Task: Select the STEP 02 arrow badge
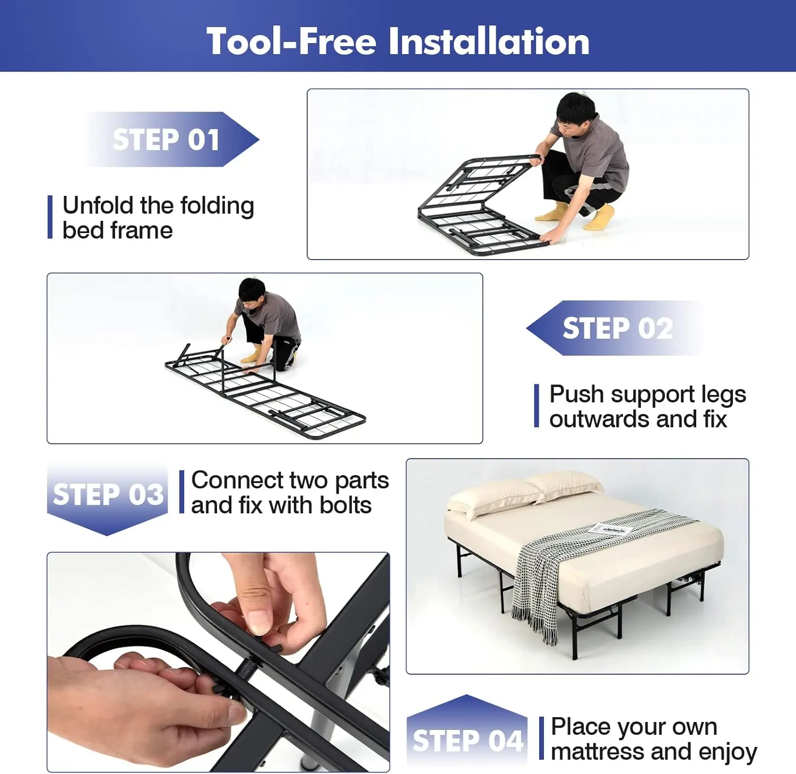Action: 616,328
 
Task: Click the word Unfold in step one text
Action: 98,206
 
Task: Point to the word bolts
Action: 345,505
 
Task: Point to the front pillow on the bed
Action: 491,502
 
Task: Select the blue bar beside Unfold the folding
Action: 50,217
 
